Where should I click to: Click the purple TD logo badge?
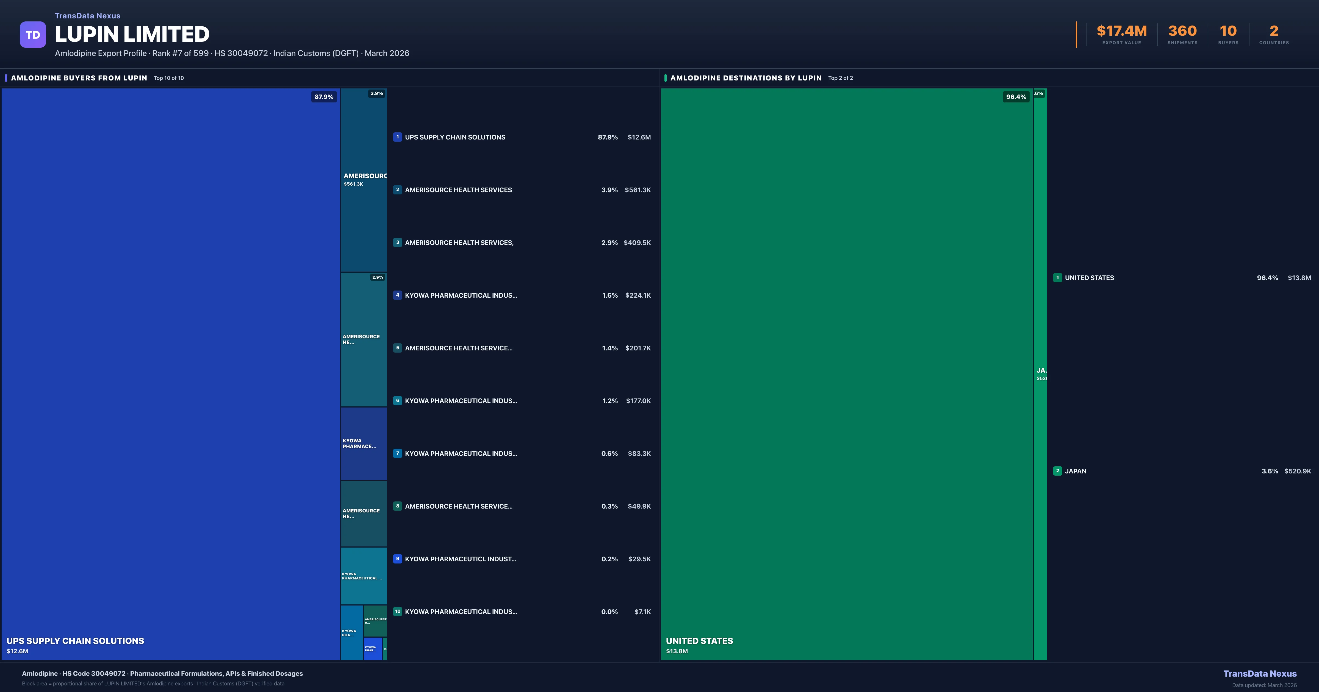[33, 35]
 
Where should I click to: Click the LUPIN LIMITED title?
[132, 34]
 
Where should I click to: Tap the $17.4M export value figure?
[1121, 31]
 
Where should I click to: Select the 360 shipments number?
[1182, 31]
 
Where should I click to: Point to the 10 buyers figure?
[1228, 31]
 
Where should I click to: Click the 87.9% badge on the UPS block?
[324, 97]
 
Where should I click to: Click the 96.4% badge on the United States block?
[1016, 97]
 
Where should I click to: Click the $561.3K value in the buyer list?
[638, 190]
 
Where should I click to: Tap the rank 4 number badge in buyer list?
[397, 295]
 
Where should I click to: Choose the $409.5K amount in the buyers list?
[637, 242]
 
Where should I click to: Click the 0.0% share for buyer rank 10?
[609, 612]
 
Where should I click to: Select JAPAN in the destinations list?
[1075, 471]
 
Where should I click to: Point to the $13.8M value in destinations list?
[1299, 278]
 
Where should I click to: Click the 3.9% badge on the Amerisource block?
[376, 94]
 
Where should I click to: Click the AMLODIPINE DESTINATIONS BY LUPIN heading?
[746, 78]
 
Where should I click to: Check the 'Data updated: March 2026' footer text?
[1264, 685]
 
